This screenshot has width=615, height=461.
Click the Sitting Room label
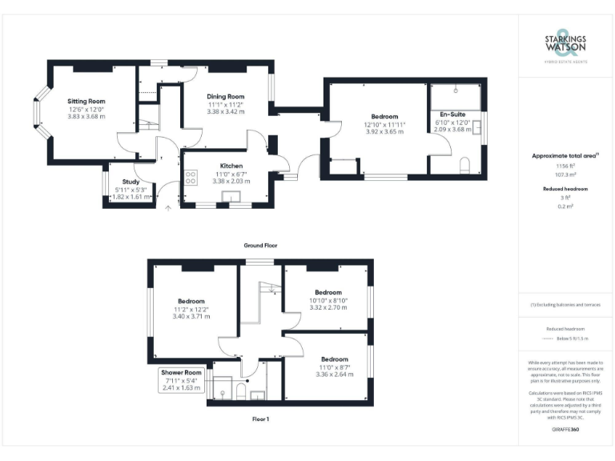click(x=87, y=101)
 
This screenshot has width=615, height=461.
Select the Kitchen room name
click(x=220, y=166)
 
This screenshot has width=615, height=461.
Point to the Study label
click(x=131, y=182)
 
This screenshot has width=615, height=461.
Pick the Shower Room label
click(x=181, y=372)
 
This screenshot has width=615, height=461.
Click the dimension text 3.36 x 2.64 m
click(x=334, y=374)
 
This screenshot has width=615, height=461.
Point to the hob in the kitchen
click(x=191, y=178)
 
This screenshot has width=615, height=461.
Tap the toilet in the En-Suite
click(x=464, y=166)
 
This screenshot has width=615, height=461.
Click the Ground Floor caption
click(x=261, y=245)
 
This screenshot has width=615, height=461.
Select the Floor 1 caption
click(x=261, y=419)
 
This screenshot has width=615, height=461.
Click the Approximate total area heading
click(x=565, y=156)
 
